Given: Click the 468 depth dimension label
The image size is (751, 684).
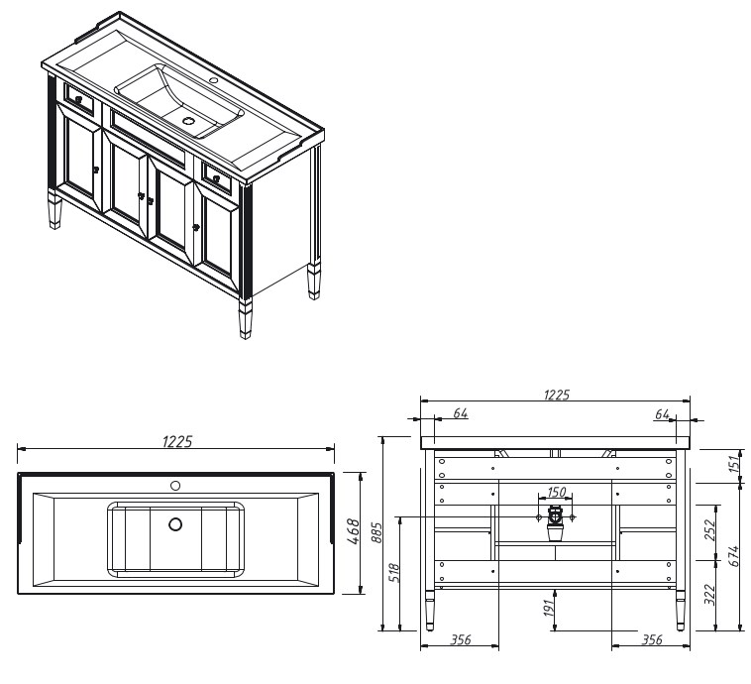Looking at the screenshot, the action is tap(353, 531).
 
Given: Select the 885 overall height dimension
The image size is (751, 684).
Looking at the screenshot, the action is tap(376, 532).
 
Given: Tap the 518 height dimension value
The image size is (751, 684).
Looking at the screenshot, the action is tap(394, 573).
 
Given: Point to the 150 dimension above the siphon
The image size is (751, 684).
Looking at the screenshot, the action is tap(556, 492).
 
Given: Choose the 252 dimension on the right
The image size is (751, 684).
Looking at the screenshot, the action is tap(709, 529).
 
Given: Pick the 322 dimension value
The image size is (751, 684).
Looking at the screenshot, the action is tap(709, 594).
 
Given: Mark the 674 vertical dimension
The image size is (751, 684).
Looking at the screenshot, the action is tap(734, 556).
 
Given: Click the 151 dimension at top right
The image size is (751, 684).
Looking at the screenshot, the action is tap(735, 464).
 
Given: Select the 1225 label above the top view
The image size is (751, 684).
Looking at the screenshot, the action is tap(177, 441).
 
